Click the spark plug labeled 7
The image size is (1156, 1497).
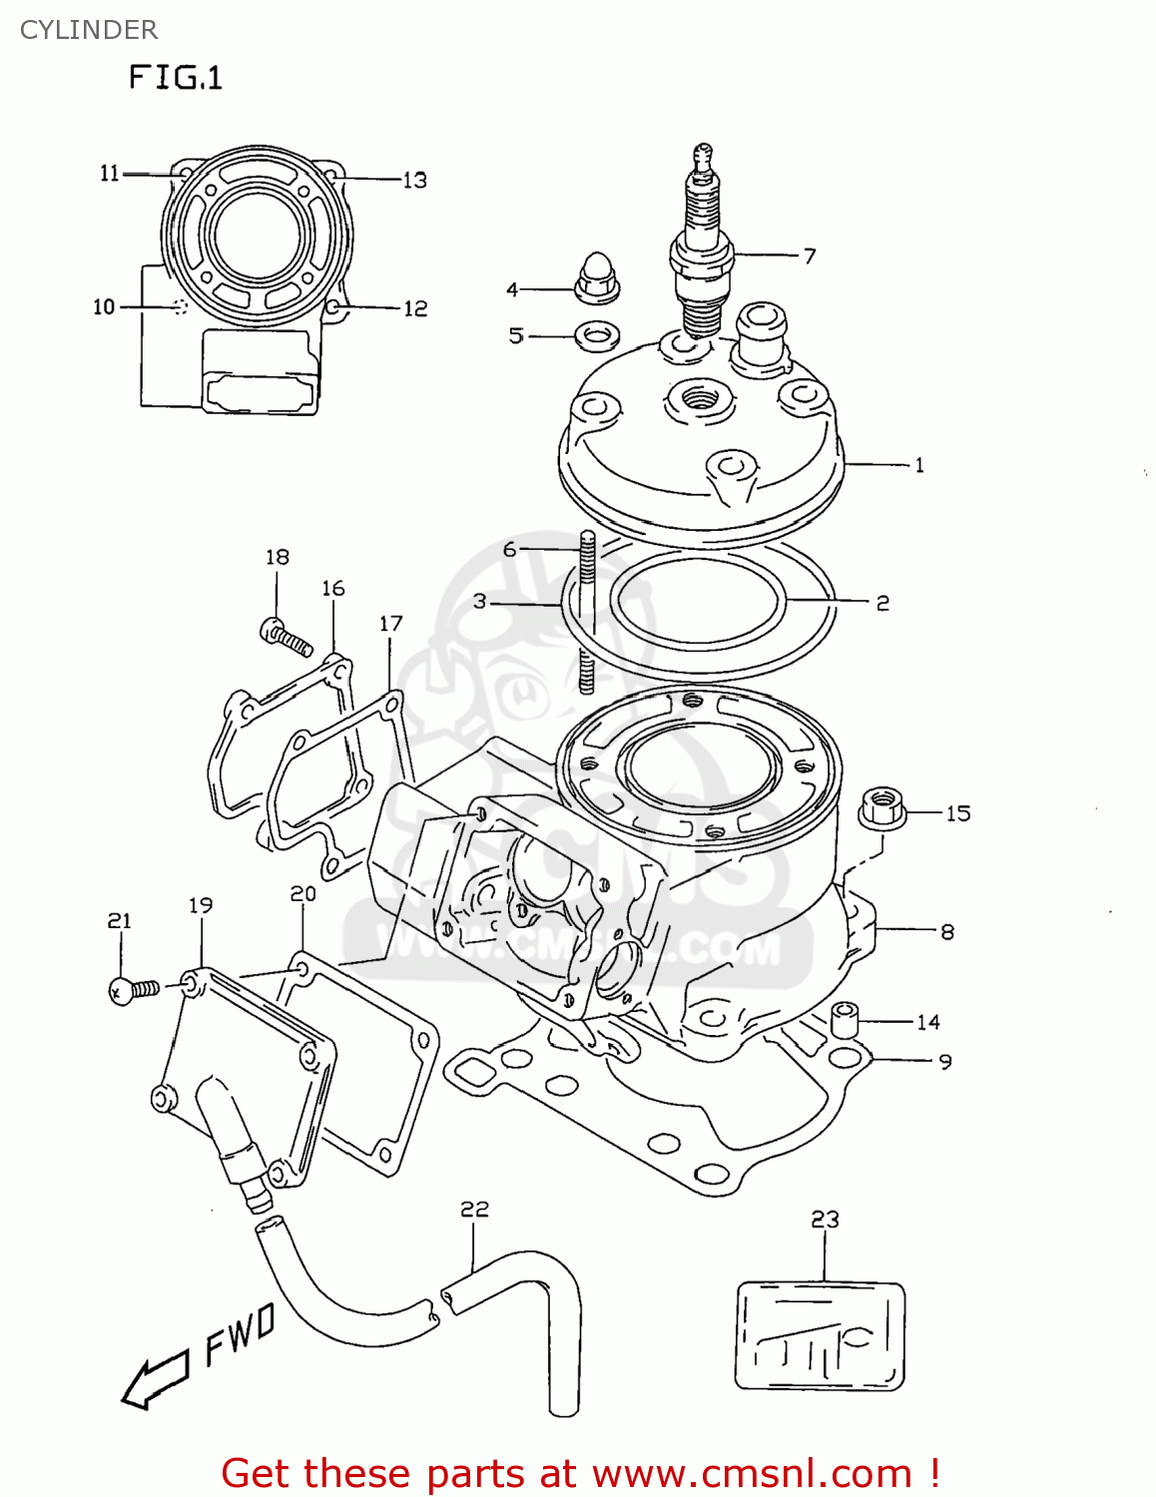coord(702,249)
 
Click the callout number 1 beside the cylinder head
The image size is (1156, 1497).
coord(919,465)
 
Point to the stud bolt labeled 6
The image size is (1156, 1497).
coord(588,609)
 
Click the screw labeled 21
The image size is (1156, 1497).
coord(132,990)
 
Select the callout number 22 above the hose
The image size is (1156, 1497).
coord(474,1210)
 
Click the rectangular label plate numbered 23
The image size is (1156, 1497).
coord(820,1336)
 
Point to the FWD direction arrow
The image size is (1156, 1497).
coord(155,1382)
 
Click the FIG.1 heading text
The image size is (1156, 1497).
coord(176,77)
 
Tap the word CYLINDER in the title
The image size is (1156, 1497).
coord(89,30)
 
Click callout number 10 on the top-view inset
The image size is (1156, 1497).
coord(104,307)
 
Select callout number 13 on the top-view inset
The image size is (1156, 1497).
coord(414,181)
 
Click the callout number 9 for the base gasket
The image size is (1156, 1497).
coord(944,1063)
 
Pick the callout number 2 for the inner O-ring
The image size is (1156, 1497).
coord(882,604)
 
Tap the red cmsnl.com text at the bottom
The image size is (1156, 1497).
coord(580,1473)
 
